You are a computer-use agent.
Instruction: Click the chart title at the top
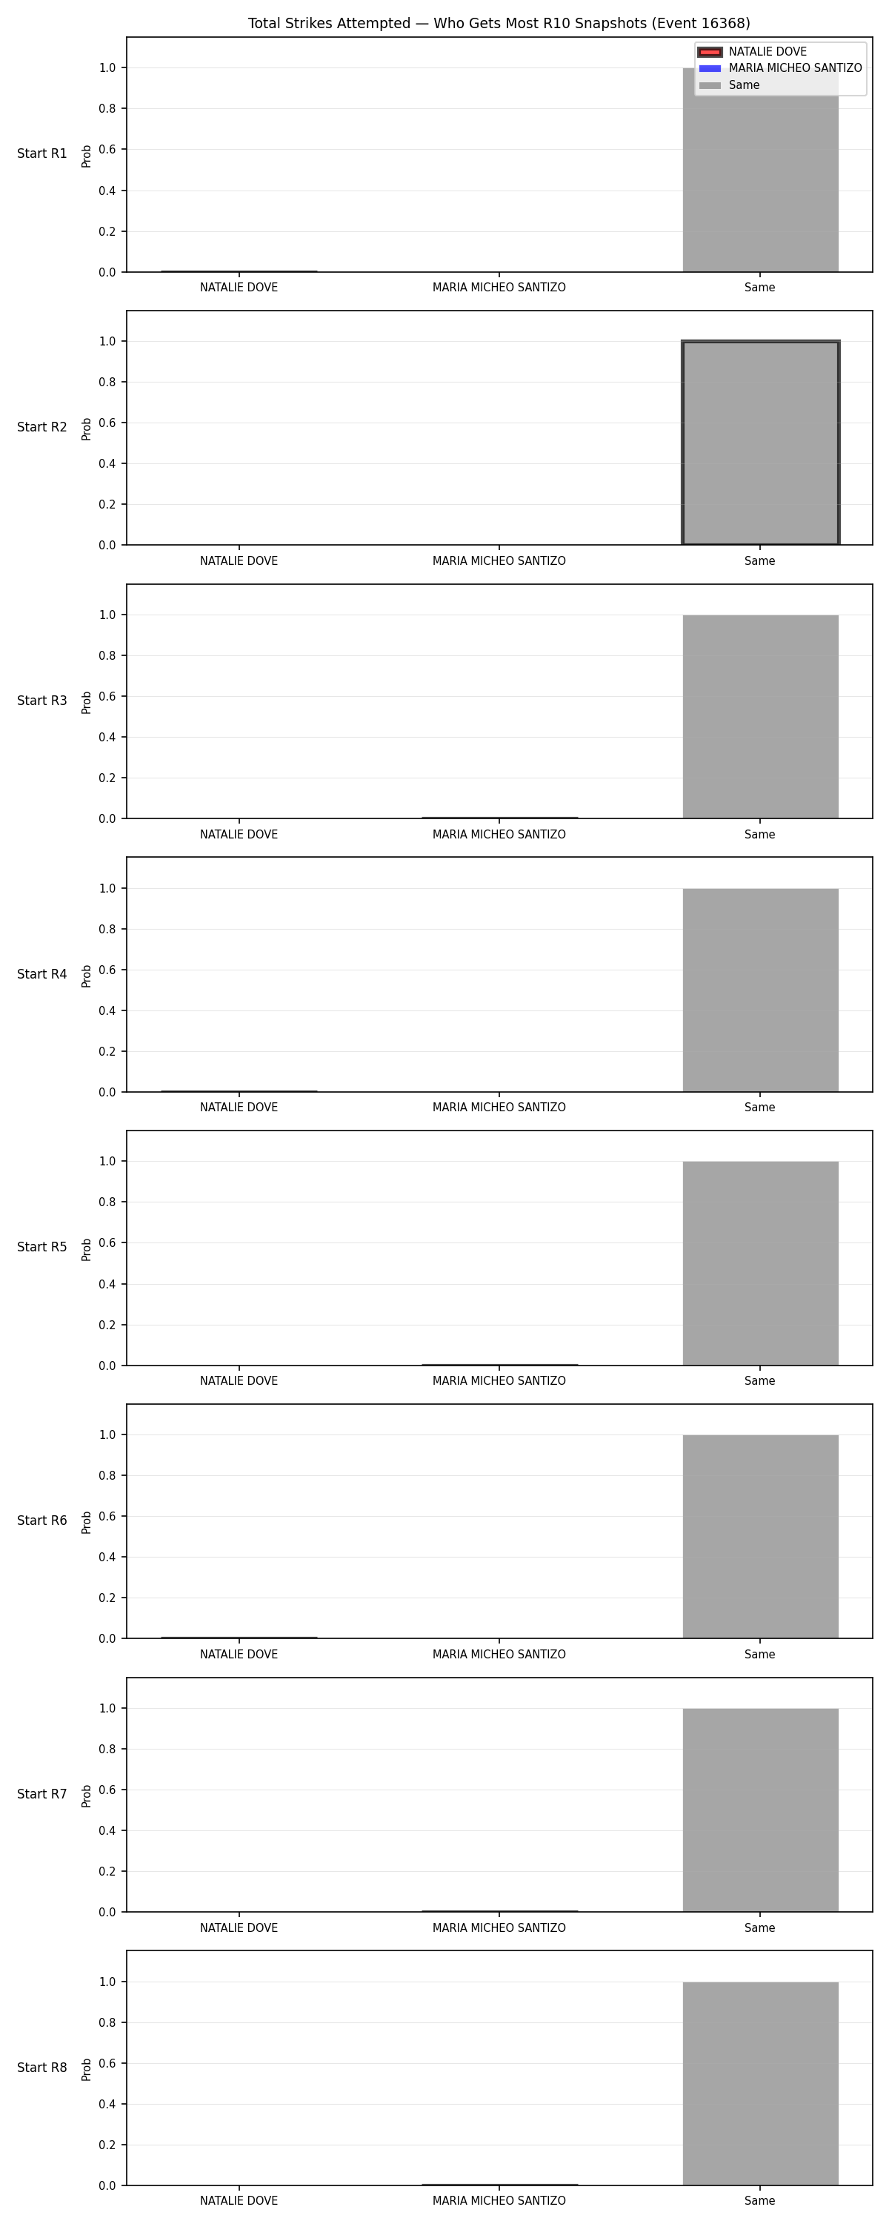(x=499, y=23)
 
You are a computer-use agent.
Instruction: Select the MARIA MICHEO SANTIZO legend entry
(x=780, y=68)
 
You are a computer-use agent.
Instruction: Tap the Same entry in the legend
(x=729, y=85)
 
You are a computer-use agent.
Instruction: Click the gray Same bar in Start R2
(x=760, y=443)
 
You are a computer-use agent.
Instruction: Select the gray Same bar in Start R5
(x=760, y=1263)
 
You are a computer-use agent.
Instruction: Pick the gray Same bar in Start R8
(x=760, y=2083)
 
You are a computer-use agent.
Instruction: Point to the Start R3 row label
(x=42, y=700)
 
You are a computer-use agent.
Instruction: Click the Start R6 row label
(x=42, y=1520)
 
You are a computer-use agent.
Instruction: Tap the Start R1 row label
(x=42, y=153)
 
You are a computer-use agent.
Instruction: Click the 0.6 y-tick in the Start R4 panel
(x=107, y=970)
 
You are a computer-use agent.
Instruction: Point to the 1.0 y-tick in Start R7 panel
(x=107, y=1708)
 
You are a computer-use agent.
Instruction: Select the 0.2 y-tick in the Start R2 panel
(x=107, y=504)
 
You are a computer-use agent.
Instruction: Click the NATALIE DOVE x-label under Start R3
(x=239, y=834)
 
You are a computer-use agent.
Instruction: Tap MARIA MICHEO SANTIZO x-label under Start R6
(x=499, y=1654)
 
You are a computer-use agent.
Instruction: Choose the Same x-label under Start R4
(x=759, y=1107)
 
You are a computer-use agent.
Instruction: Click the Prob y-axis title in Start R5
(x=87, y=1249)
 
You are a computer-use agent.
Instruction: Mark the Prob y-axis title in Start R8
(x=87, y=2070)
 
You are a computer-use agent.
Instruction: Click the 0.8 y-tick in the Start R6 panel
(x=107, y=1475)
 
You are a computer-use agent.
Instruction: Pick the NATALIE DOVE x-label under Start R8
(x=239, y=2201)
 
